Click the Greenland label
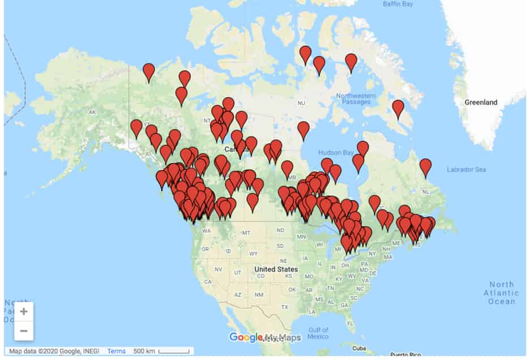click(x=481, y=102)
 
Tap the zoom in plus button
click(x=24, y=311)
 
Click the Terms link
click(x=116, y=351)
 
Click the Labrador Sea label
click(x=466, y=169)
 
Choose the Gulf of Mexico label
click(x=318, y=333)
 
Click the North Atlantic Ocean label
click(x=501, y=293)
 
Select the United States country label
click(x=276, y=269)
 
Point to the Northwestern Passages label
click(x=356, y=98)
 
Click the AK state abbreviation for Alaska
click(x=92, y=112)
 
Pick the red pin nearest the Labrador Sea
click(x=425, y=168)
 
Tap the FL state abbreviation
click(x=351, y=323)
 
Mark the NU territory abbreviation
click(x=301, y=103)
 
